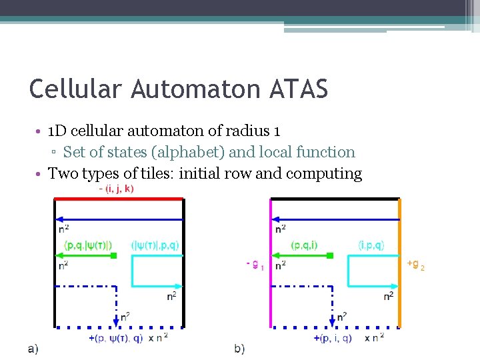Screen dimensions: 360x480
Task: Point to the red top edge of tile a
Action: coord(118,199)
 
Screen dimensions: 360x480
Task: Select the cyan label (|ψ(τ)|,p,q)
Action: coord(155,245)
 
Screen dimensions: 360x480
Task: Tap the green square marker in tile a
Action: coord(113,255)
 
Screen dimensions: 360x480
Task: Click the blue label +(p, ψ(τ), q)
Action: coord(117,338)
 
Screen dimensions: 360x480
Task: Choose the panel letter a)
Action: coord(33,348)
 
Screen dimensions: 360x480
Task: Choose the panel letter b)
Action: coord(240,348)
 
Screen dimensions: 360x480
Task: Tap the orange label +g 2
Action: coord(415,265)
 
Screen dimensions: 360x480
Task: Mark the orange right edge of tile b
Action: coord(400,267)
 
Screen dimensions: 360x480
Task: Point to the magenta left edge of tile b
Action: coord(270,267)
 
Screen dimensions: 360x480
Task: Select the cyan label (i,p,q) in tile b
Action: coord(371,245)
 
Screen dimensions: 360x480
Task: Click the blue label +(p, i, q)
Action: coord(335,338)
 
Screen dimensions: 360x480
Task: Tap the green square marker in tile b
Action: coord(331,255)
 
